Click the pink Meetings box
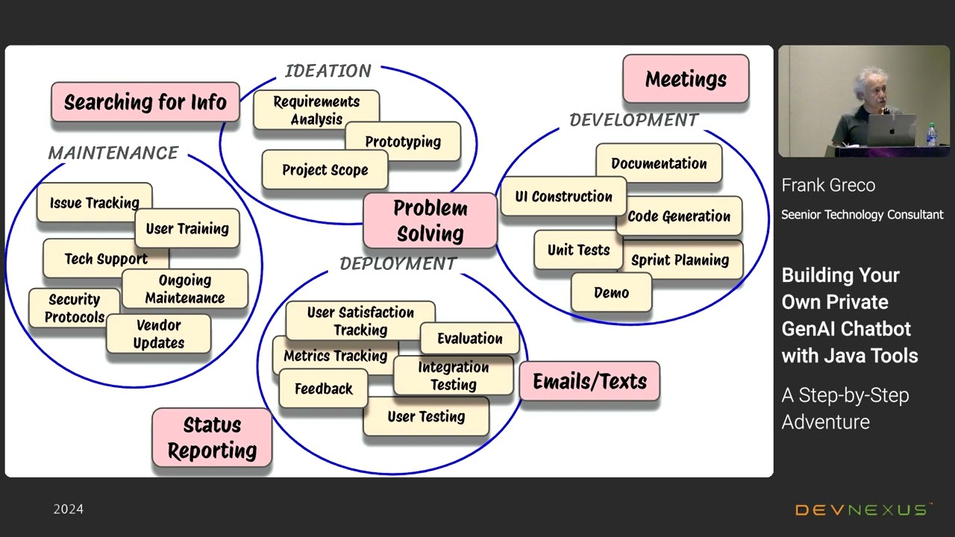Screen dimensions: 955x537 click(686, 79)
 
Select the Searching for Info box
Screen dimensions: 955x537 click(145, 102)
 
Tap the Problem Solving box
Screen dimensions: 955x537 click(430, 221)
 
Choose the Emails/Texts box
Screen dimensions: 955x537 click(589, 381)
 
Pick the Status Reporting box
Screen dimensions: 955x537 click(212, 438)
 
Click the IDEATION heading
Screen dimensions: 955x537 click(328, 71)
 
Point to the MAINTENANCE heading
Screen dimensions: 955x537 click(113, 153)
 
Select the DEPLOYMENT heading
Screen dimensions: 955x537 click(398, 264)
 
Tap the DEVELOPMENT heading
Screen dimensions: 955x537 click(634, 120)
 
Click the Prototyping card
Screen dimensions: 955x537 click(403, 141)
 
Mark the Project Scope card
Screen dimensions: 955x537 click(325, 169)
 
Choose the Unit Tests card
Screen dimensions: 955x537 click(578, 250)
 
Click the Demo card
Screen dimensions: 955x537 click(611, 292)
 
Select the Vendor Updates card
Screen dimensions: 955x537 click(159, 334)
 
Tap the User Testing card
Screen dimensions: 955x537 click(426, 416)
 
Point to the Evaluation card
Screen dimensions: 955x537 click(470, 339)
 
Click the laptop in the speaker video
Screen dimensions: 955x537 click(890, 130)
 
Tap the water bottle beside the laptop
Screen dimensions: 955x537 click(932, 135)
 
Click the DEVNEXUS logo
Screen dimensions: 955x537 click(862, 509)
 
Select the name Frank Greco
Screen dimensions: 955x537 click(828, 186)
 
